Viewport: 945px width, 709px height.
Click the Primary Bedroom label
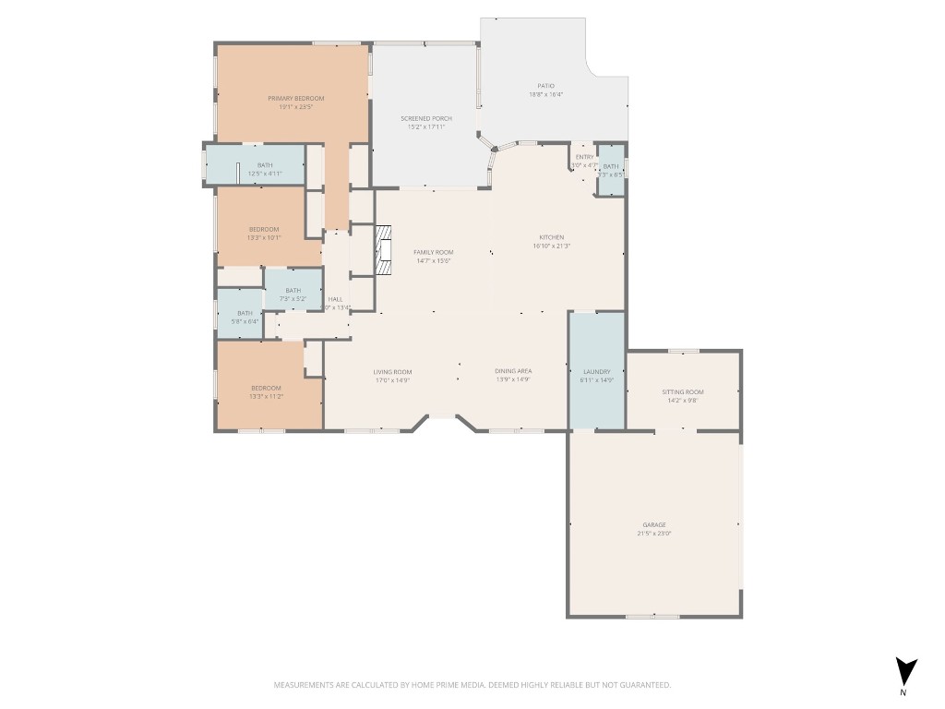(295, 99)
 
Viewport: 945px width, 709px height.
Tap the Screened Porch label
(425, 118)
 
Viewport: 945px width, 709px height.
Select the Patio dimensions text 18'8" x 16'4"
(546, 94)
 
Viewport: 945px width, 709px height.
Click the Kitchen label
(551, 237)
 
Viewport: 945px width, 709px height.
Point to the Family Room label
(433, 252)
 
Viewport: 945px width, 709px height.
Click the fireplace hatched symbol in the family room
(383, 250)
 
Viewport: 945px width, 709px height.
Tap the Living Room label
(392, 371)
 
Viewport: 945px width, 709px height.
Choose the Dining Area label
(514, 371)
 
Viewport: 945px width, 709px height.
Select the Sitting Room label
(683, 391)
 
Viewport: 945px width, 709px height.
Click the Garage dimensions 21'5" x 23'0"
(653, 534)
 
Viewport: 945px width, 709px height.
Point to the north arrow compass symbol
(906, 671)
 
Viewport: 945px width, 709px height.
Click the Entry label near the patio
(584, 157)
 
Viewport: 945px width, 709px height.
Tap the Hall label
(336, 299)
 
